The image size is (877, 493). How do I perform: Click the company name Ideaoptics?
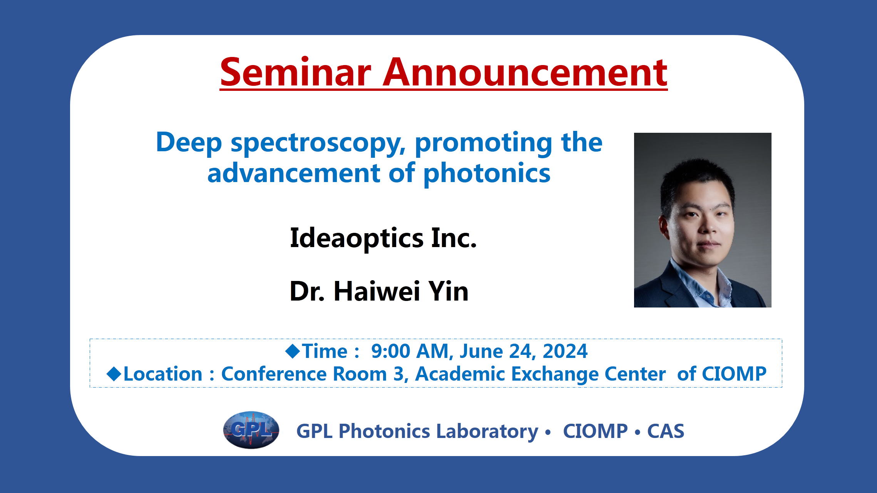[356, 238]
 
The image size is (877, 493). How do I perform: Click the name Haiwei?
[377, 291]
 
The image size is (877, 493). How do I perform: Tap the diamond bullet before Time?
[293, 351]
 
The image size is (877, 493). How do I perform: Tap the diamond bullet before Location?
[114, 374]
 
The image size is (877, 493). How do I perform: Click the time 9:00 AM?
[410, 351]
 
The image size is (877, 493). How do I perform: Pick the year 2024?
[565, 351]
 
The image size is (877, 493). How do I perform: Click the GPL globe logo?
[251, 430]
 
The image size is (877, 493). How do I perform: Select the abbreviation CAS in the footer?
[666, 431]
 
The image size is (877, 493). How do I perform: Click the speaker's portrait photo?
[703, 220]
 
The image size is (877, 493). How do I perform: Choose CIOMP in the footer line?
[595, 431]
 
